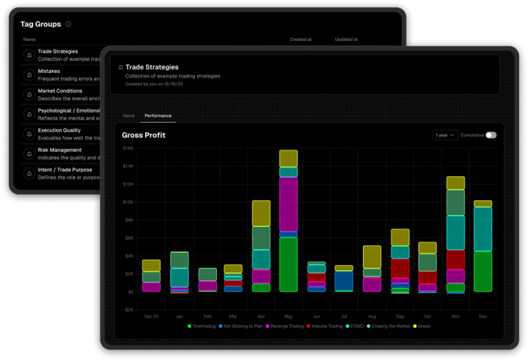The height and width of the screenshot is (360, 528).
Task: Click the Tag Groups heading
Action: (x=41, y=24)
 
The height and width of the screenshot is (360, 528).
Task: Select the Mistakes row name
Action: (x=49, y=71)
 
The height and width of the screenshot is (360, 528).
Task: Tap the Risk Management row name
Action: (x=60, y=150)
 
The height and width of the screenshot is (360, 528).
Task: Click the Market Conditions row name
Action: (x=60, y=91)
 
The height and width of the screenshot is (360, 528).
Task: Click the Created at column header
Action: (x=301, y=39)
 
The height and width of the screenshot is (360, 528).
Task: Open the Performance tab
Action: (x=158, y=116)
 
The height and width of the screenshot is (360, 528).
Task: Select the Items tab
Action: (x=129, y=116)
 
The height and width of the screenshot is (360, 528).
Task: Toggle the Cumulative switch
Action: (x=491, y=135)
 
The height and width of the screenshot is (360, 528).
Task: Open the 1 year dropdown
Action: (x=445, y=135)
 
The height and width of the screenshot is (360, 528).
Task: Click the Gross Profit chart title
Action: (x=143, y=135)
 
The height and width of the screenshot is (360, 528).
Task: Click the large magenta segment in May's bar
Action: (x=288, y=204)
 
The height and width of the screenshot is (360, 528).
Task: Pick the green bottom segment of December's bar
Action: (x=483, y=271)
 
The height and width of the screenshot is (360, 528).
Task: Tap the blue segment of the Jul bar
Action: (x=343, y=281)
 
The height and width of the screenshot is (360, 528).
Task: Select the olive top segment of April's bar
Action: (x=261, y=213)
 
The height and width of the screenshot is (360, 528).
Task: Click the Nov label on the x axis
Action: (x=456, y=316)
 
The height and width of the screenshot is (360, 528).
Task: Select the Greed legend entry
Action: (x=422, y=326)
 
